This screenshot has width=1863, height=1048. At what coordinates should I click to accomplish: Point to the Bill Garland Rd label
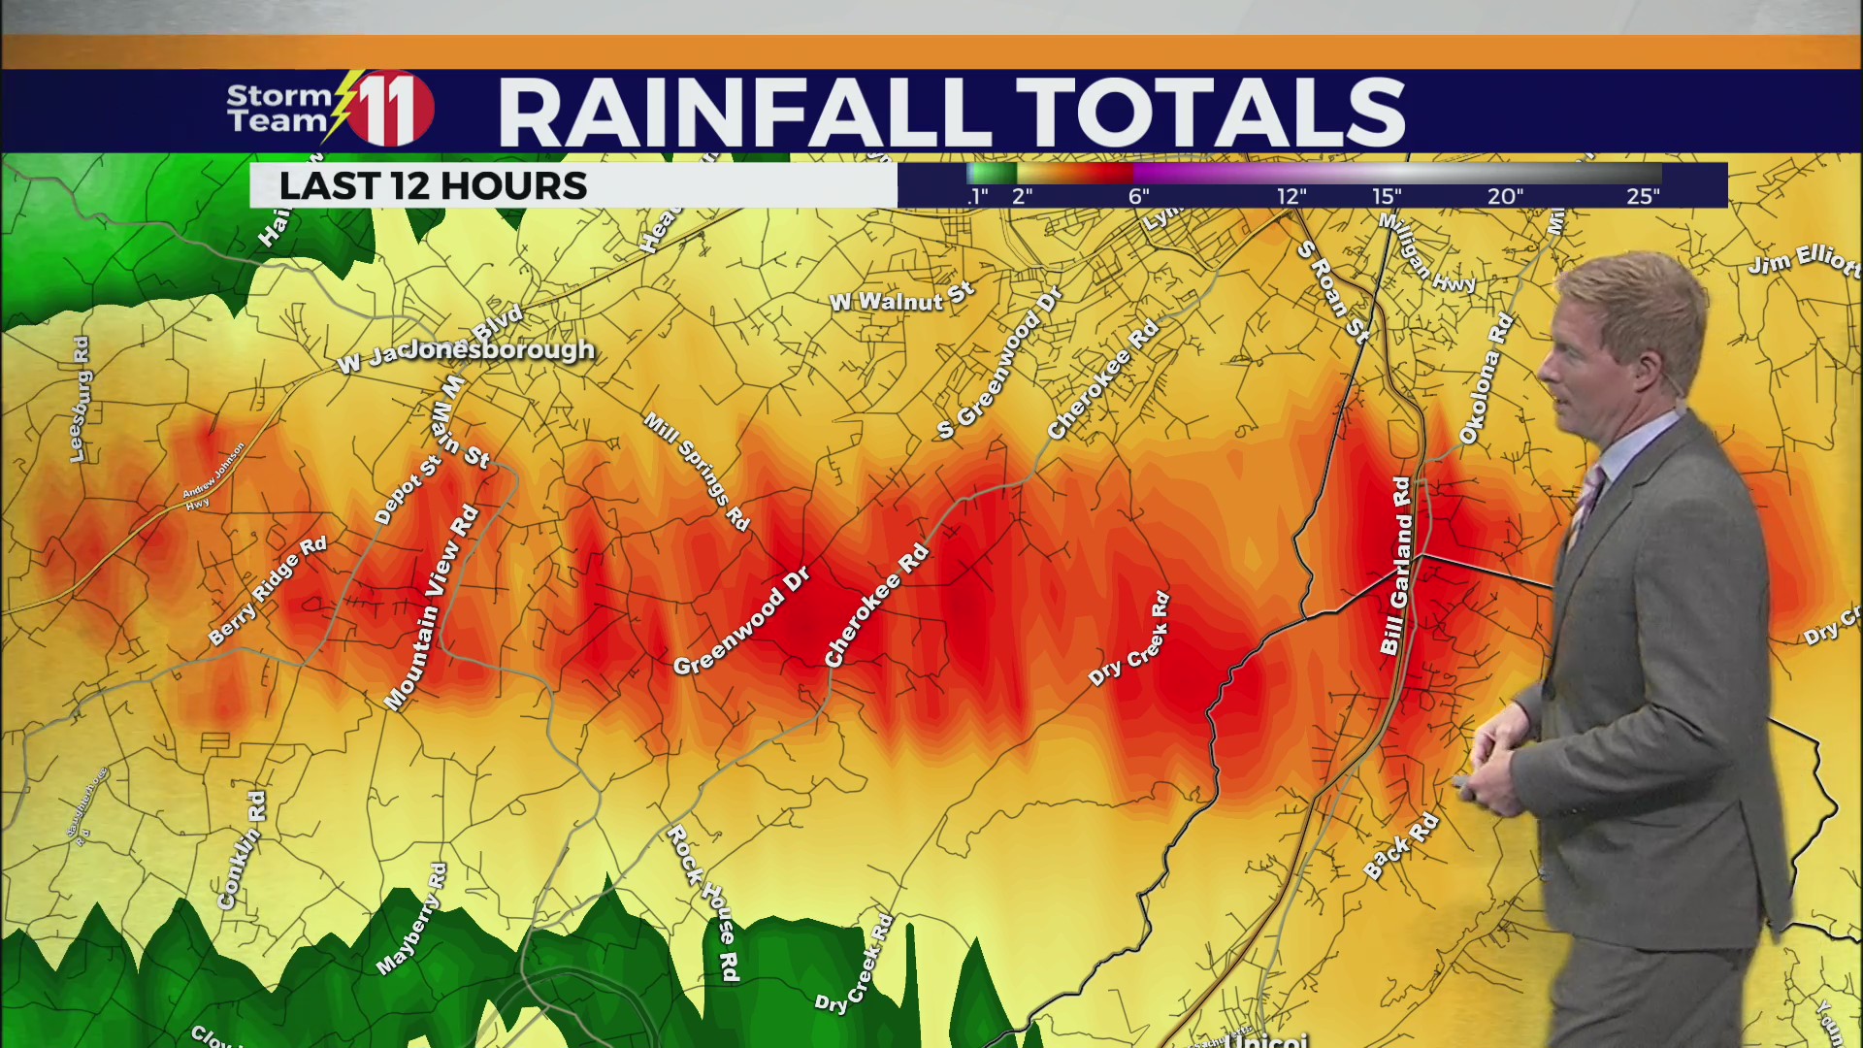click(x=1397, y=566)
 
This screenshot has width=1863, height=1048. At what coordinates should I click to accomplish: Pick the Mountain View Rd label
click(x=432, y=607)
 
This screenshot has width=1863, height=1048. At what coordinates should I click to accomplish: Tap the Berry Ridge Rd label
click(x=268, y=591)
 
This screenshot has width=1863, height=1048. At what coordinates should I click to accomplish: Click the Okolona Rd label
click(x=1486, y=379)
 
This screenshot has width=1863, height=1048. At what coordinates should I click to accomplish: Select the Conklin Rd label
click(x=242, y=849)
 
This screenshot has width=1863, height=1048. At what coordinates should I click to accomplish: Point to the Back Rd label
click(x=1400, y=846)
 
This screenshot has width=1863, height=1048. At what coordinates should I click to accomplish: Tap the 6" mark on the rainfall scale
click(x=1139, y=196)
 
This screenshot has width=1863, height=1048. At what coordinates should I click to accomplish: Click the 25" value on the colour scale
click(x=1643, y=196)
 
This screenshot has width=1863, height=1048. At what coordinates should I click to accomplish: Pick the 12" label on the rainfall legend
click(x=1291, y=196)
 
